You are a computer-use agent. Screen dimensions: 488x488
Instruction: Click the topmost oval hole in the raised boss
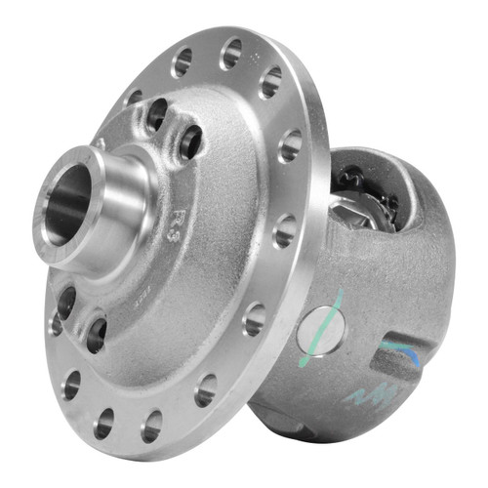[x=156, y=114]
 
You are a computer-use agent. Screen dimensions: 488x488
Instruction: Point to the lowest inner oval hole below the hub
[x=97, y=335]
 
